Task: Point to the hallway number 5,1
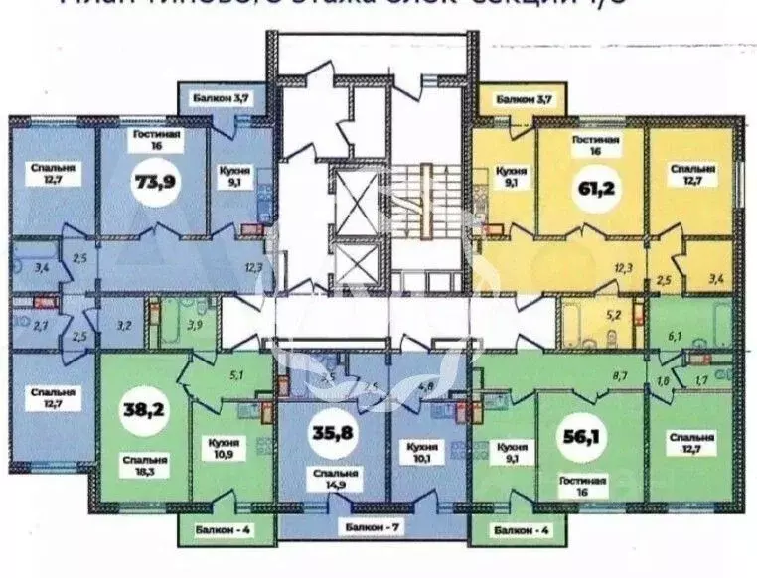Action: click(236, 375)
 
